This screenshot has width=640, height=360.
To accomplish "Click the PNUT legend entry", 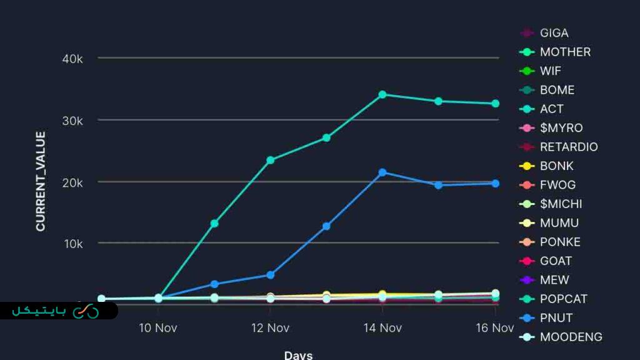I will pyautogui.click(x=556, y=318).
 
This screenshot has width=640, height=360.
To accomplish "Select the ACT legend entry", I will pyautogui.click(x=551, y=109).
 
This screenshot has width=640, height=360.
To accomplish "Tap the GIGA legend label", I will pyautogui.click(x=554, y=33).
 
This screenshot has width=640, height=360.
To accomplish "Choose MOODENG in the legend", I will pyautogui.click(x=571, y=337).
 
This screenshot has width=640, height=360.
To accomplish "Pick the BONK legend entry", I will pyautogui.click(x=556, y=166).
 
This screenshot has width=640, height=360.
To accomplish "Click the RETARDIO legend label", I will pyautogui.click(x=568, y=147).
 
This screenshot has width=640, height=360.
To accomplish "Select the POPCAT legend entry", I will pyautogui.click(x=563, y=299).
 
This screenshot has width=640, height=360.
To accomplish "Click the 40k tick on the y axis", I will pyautogui.click(x=72, y=59).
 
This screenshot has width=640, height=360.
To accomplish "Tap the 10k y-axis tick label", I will pyautogui.click(x=72, y=243).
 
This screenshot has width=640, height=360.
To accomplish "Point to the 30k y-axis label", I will pyautogui.click(x=72, y=120).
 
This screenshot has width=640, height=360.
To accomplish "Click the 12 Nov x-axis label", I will pyautogui.click(x=269, y=327).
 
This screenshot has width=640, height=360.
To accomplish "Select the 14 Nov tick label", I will pyautogui.click(x=382, y=327).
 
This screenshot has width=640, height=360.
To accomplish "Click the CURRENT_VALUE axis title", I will pyautogui.click(x=41, y=181).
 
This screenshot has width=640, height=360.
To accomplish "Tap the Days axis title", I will pyautogui.click(x=298, y=355).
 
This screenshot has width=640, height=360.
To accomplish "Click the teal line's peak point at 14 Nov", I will pyautogui.click(x=382, y=94).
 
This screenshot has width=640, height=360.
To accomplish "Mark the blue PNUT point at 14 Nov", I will pyautogui.click(x=382, y=172).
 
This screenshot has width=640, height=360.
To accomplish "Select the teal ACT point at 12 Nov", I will pyautogui.click(x=270, y=160).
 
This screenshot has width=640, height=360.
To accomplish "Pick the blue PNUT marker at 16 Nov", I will pyautogui.click(x=496, y=183).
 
